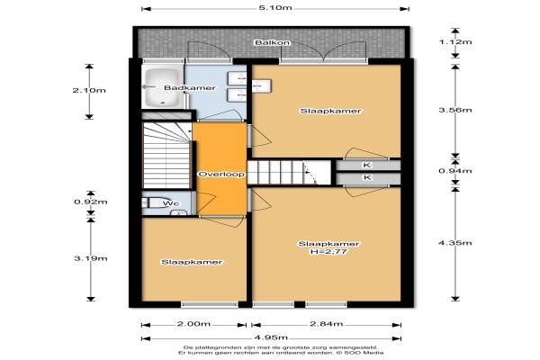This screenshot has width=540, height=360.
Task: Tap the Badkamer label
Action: point(190,88)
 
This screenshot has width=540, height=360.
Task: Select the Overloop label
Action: point(221,175)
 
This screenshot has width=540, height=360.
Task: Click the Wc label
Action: point(171,204)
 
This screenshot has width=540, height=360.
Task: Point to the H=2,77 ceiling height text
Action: point(328,252)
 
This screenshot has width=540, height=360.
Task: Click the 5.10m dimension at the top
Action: point(275,7)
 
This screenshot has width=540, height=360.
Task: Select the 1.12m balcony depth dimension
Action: point(455,42)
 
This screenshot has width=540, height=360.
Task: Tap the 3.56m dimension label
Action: point(455,110)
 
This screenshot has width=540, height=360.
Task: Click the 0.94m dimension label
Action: point(455,170)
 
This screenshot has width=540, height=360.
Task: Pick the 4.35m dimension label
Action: point(455,243)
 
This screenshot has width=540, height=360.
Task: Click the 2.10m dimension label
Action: point(89,90)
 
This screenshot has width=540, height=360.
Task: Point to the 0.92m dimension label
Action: point(91,202)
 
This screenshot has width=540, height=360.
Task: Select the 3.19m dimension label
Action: point(91,258)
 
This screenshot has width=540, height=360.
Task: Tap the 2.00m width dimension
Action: point(193,324)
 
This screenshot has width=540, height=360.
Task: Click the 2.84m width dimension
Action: point(326,323)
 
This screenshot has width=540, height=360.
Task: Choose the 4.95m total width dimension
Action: point(271,337)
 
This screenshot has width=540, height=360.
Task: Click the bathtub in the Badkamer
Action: point(162,87)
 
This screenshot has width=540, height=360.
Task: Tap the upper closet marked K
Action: point(368,165)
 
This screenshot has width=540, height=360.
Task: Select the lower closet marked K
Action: point(368,178)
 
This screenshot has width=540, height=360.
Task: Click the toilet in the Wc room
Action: point(157,202)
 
